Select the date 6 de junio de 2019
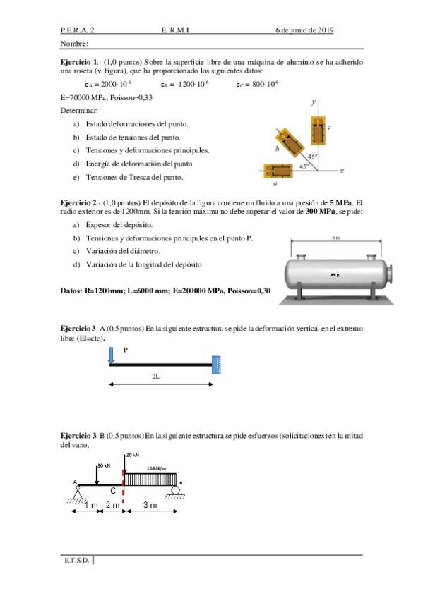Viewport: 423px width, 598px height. [x=304, y=30]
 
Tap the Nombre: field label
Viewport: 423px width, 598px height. [x=75, y=44]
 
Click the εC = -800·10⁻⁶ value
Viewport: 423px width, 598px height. [x=258, y=84]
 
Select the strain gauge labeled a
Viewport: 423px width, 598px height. [x=279, y=170]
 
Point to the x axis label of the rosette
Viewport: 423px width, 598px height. [x=342, y=170]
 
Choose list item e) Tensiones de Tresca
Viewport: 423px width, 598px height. [x=129, y=176]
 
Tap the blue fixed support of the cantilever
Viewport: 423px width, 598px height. [x=217, y=365]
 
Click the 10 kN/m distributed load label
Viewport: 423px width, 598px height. [x=157, y=468]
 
